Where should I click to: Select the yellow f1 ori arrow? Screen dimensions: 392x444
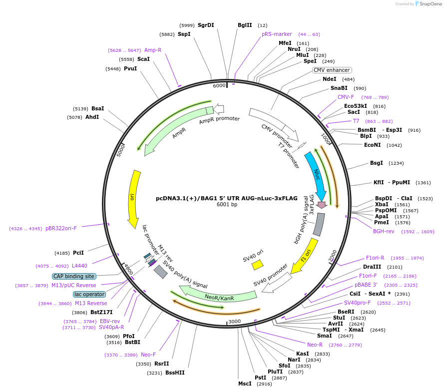305,256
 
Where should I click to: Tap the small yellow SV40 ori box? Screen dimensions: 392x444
257,264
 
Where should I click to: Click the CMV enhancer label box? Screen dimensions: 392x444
332,70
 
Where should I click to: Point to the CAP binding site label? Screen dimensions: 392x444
74,276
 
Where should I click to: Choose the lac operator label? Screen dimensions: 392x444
89,294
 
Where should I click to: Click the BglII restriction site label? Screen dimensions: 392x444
245,25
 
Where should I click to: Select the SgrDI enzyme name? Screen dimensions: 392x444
206,25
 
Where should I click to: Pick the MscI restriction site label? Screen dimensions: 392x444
245,384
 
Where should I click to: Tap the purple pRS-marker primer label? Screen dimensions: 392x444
277,34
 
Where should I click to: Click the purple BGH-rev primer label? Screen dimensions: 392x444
384,231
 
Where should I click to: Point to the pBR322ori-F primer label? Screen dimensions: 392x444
61,228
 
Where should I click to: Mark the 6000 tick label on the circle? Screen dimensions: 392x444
219,86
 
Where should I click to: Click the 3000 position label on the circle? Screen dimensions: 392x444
234,321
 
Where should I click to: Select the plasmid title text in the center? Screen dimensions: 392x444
226,198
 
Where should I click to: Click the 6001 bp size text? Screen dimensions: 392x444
227,205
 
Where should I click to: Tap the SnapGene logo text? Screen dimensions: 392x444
429,4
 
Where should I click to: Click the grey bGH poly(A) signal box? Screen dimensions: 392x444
318,225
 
